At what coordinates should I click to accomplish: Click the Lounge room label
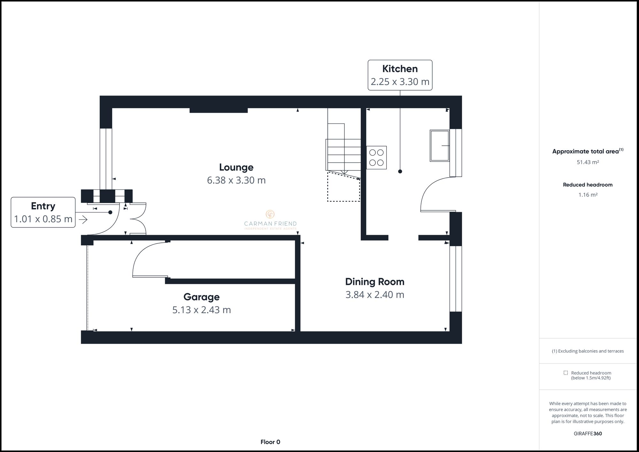236,167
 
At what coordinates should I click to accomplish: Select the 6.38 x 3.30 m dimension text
236,180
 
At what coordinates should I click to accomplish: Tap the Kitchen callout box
400,75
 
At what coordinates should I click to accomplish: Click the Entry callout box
43,212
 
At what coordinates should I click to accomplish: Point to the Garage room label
201,297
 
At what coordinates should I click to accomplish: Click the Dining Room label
374,282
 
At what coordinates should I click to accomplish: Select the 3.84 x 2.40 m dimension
374,295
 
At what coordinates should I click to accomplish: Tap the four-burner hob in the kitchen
376,157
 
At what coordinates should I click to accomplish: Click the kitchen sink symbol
440,146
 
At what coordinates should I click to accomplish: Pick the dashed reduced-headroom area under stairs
343,188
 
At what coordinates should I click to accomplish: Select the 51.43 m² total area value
588,162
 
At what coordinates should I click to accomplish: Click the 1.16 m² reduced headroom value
588,195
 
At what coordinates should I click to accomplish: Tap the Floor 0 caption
270,442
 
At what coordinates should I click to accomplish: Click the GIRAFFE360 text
588,433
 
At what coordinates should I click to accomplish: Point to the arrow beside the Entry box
83,219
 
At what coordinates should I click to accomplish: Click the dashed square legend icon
566,373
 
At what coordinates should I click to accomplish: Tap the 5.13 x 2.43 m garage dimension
201,310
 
